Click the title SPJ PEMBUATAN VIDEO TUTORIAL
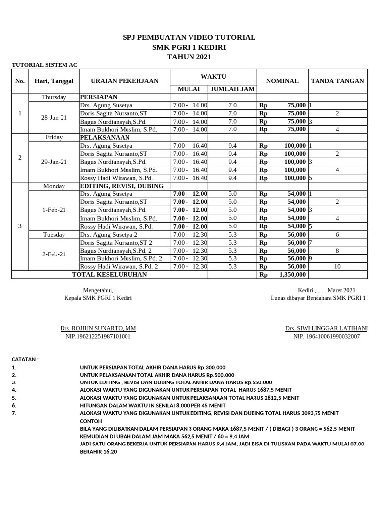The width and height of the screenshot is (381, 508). point(189,37)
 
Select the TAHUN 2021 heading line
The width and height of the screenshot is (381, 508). point(189,57)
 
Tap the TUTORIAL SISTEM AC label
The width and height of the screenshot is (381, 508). point(45,65)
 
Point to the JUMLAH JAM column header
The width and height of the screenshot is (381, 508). point(232,89)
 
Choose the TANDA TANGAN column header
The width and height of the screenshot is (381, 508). point(337,81)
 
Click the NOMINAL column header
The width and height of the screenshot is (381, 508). point(282,81)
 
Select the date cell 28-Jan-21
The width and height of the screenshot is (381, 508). point(54,117)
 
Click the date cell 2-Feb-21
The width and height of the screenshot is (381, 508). point(54,254)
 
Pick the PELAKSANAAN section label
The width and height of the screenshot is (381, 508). point(105,137)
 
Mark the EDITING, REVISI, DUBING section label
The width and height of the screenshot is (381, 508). point(122,186)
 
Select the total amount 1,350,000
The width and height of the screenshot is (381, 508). point(293,274)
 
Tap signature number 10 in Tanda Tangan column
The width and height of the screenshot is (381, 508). point(337,266)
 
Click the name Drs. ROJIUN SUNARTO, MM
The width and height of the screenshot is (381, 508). point(98,328)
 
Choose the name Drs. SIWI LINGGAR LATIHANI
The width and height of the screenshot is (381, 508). point(326,328)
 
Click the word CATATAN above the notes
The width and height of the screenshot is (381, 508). point(25,359)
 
